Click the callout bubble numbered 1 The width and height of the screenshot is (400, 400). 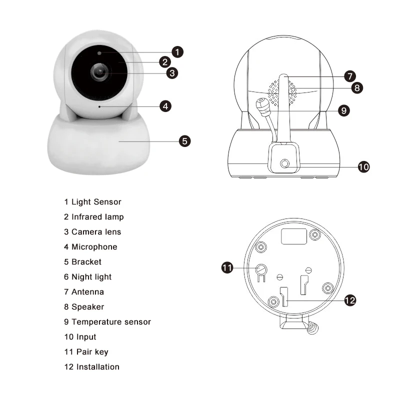tap(178, 51)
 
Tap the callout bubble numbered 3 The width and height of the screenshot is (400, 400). tap(171, 72)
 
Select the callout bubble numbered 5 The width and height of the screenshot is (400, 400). tap(184, 141)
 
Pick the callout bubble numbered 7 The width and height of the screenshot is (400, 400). tap(349, 76)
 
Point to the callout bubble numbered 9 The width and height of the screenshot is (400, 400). tap(343, 110)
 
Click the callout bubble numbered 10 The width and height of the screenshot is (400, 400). tap(363, 167)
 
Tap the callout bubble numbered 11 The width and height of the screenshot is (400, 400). tap(227, 268)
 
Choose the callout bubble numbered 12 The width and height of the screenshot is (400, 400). tap(349, 300)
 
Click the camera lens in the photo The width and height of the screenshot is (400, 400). tap(100, 72)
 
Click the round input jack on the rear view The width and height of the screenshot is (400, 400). tap(285, 163)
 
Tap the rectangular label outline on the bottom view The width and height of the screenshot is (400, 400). tap(293, 235)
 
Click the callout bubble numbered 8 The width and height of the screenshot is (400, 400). tap(357, 87)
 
